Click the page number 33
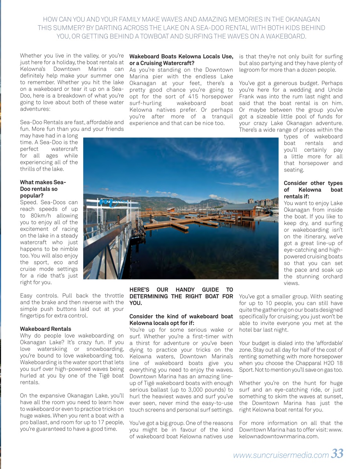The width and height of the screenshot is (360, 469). pyautogui.click(x=337, y=454)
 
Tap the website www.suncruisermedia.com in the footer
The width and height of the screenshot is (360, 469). pyautogui.click(x=280, y=455)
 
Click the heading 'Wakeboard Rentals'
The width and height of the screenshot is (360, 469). pyautogui.click(x=45, y=329)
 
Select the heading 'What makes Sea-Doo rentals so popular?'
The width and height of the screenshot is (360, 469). pyautogui.click(x=43, y=189)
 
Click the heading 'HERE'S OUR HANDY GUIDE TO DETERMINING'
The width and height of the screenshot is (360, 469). pyautogui.click(x=181, y=293)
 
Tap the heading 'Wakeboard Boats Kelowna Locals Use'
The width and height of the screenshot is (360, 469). pyautogui.click(x=181, y=56)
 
